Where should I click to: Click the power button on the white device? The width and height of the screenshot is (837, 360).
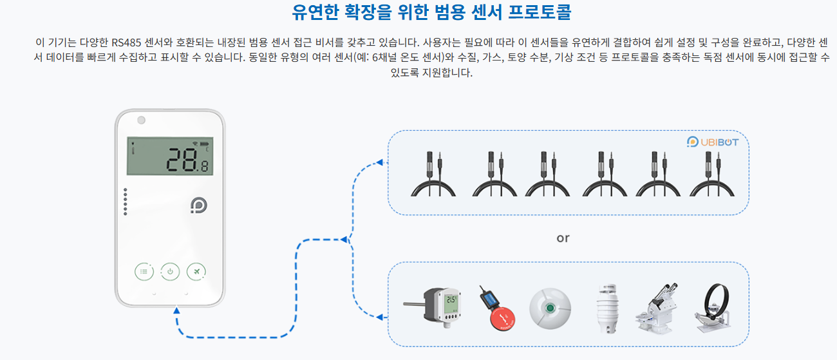(170, 272)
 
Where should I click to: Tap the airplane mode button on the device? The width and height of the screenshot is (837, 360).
(196, 272)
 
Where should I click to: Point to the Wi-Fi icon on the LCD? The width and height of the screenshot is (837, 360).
(194, 143)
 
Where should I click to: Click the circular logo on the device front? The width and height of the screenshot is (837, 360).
(199, 205)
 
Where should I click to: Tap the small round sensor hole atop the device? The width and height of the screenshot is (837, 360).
(140, 120)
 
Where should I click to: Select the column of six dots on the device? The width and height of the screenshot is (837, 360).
(126, 204)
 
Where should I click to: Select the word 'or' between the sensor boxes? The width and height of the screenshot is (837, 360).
(563, 238)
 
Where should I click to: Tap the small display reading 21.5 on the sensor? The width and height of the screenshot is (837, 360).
(451, 299)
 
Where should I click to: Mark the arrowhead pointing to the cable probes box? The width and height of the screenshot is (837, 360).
(380, 162)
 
